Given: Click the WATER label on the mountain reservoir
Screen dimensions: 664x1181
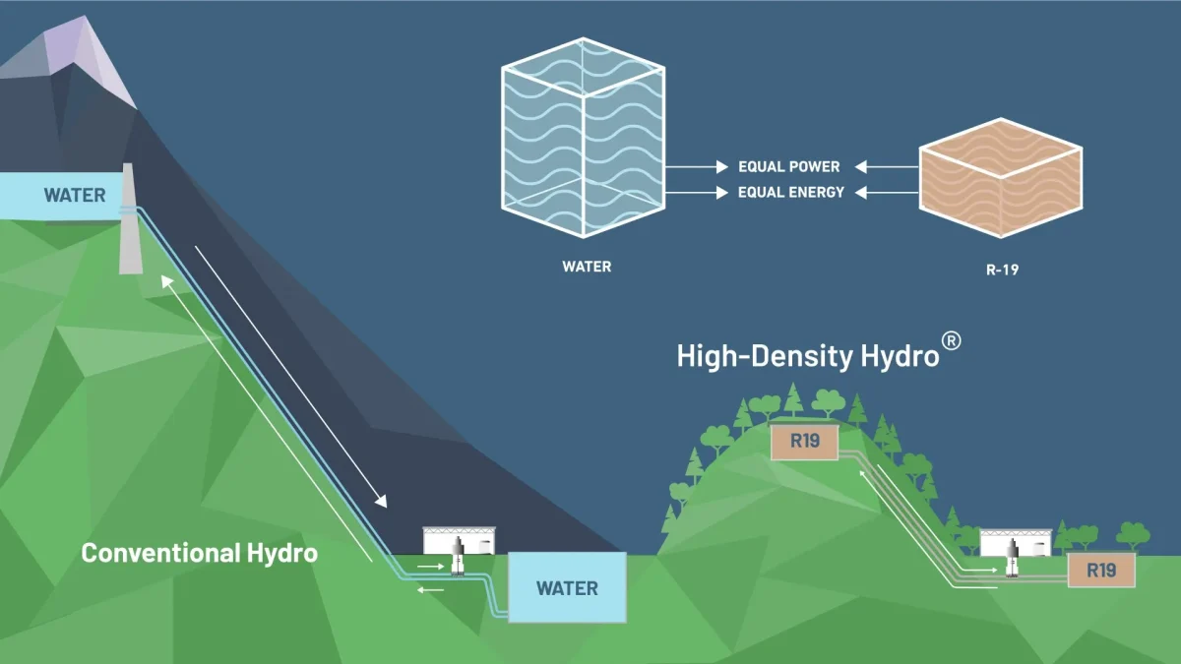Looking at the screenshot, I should (74, 195).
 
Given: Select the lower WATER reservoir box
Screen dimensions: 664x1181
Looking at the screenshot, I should (567, 587).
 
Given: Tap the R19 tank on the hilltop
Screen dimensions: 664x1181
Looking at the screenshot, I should (804, 441).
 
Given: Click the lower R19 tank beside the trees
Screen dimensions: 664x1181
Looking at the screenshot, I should (1101, 570).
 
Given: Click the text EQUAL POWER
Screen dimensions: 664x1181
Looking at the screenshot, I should (789, 167).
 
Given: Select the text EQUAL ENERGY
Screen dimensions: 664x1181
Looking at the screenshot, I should (791, 193).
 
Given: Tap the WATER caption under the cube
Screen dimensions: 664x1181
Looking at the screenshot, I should (587, 267).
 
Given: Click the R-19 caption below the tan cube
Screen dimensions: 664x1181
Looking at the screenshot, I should (1002, 269).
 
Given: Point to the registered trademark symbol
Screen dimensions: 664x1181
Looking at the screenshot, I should (951, 339).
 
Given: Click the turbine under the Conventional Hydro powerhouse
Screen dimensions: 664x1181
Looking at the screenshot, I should (458, 560).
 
